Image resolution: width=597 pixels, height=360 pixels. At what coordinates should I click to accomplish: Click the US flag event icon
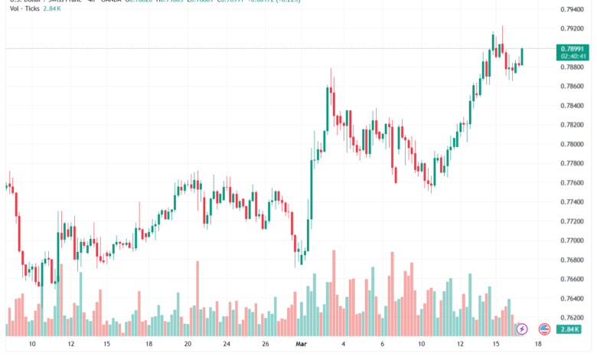(544, 329)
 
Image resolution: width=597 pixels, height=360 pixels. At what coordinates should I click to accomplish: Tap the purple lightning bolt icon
(522, 329)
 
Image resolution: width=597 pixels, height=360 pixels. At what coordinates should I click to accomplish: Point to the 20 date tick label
(188, 345)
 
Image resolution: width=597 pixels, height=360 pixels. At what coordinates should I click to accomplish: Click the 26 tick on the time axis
(265, 345)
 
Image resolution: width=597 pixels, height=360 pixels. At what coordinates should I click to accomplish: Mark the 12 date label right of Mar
(459, 345)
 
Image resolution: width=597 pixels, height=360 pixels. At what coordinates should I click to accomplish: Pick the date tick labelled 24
(227, 345)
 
